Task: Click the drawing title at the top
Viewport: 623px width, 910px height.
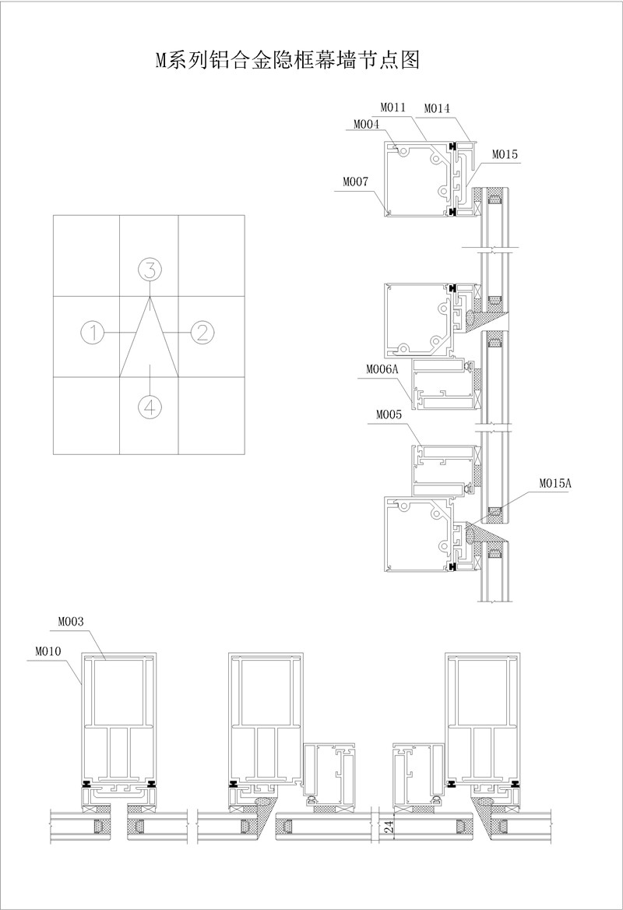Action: [287, 59]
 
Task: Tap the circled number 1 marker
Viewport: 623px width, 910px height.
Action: [92, 333]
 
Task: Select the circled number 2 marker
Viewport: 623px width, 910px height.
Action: [202, 333]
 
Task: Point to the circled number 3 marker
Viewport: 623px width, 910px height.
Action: [150, 270]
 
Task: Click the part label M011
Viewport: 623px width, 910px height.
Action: [392, 107]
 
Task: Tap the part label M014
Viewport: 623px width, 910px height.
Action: [436, 108]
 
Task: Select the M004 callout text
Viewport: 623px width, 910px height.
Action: [366, 124]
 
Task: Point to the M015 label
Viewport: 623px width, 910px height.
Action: [505, 154]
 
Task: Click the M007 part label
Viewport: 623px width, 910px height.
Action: [355, 182]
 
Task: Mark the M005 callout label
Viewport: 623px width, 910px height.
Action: [389, 415]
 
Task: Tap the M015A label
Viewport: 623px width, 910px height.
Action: [555, 483]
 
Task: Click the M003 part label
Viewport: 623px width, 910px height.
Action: [71, 622]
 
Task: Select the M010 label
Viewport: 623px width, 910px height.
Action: [48, 651]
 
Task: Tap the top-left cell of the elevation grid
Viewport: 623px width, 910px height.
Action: [86, 256]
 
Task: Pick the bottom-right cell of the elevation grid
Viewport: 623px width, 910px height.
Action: [211, 415]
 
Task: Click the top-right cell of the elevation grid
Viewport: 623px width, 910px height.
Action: [211, 256]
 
